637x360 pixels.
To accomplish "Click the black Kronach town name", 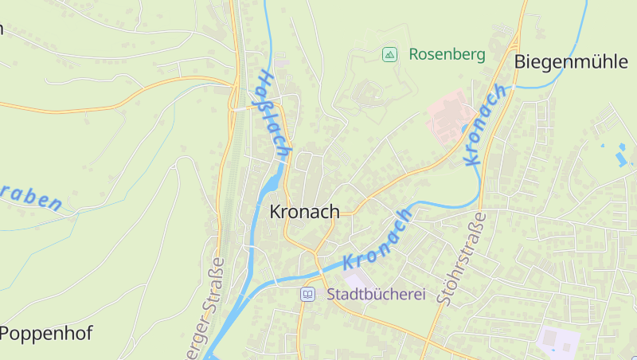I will click(304, 213).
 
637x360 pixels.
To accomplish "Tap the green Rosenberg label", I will click(447, 55).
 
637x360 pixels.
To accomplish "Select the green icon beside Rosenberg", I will click(389, 55).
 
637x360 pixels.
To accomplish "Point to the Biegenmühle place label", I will click(571, 62).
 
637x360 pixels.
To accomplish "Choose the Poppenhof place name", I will click(46, 333).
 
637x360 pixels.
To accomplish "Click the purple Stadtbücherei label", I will click(376, 294).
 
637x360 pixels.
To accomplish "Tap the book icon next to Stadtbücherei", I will click(307, 295).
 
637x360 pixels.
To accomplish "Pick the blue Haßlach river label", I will click(273, 112).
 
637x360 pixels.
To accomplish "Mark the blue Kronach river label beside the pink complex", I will click(484, 125).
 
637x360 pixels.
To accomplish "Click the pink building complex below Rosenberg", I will click(448, 115).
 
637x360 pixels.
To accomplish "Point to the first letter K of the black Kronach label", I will click(276, 213).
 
